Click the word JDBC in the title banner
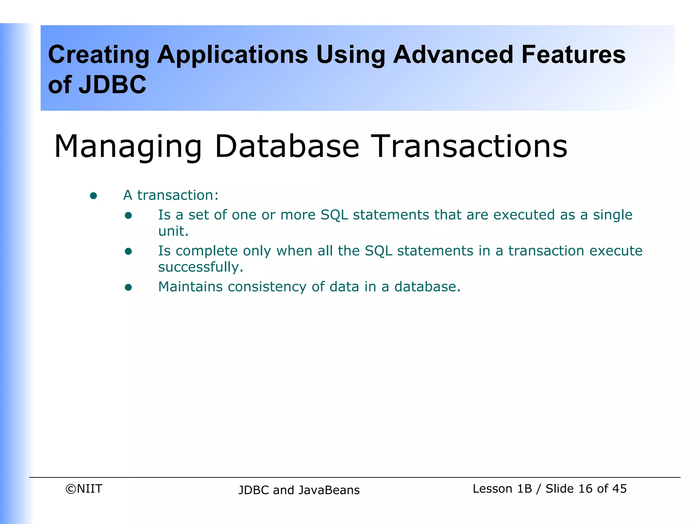(x=112, y=85)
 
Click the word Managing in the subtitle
(x=128, y=147)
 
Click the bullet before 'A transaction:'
(x=93, y=196)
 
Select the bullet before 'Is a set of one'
(x=128, y=215)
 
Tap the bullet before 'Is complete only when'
(x=128, y=251)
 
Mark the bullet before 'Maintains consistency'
(x=128, y=287)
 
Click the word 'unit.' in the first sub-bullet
(x=173, y=231)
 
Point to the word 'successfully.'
(x=200, y=267)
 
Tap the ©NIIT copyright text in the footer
(x=84, y=489)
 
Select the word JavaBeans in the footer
(x=329, y=490)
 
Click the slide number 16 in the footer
(x=586, y=489)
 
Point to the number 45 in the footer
(x=619, y=489)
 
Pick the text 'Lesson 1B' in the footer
(x=502, y=489)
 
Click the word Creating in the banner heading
(x=99, y=55)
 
